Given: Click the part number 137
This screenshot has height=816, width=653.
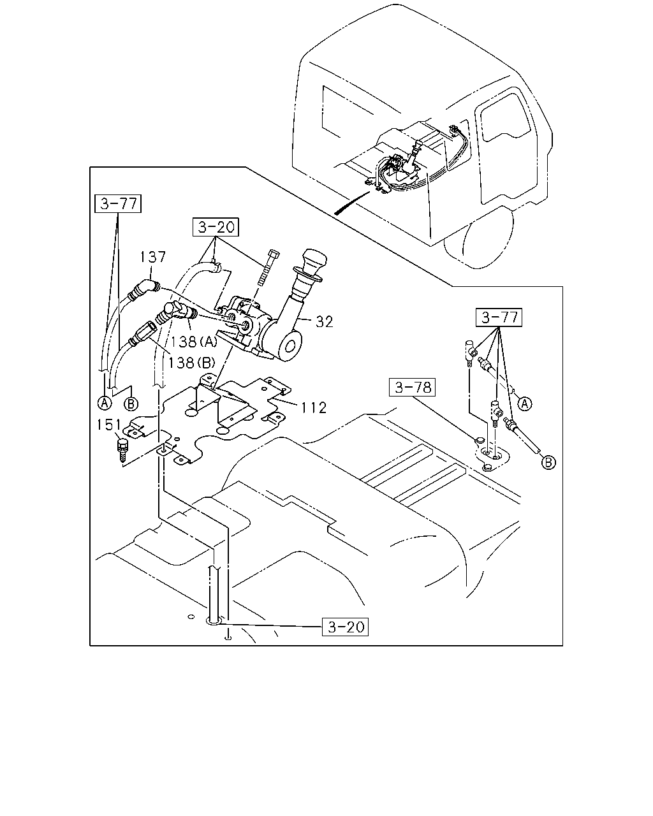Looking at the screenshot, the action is pyautogui.click(x=153, y=257).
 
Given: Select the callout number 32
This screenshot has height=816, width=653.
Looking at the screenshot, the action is pyautogui.click(x=325, y=321).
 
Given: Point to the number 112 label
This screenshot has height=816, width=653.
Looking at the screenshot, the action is pyautogui.click(x=313, y=407).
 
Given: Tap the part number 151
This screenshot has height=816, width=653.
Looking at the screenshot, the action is pyautogui.click(x=108, y=425).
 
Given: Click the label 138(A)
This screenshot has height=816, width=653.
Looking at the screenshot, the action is pyautogui.click(x=193, y=342).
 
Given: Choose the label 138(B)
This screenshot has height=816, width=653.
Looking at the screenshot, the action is pyautogui.click(x=191, y=363).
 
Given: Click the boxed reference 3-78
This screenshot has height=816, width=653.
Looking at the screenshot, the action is pyautogui.click(x=412, y=387).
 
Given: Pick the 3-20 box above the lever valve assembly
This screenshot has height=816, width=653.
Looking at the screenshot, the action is pyautogui.click(x=216, y=227).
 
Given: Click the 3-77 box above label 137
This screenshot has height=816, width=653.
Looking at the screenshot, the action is pyautogui.click(x=118, y=203).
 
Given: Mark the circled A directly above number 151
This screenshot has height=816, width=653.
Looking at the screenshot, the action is pyautogui.click(x=105, y=403).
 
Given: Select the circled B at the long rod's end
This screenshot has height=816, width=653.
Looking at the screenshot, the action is pyautogui.click(x=548, y=463).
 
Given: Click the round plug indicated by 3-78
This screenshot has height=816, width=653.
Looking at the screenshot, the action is pyautogui.click(x=479, y=441).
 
